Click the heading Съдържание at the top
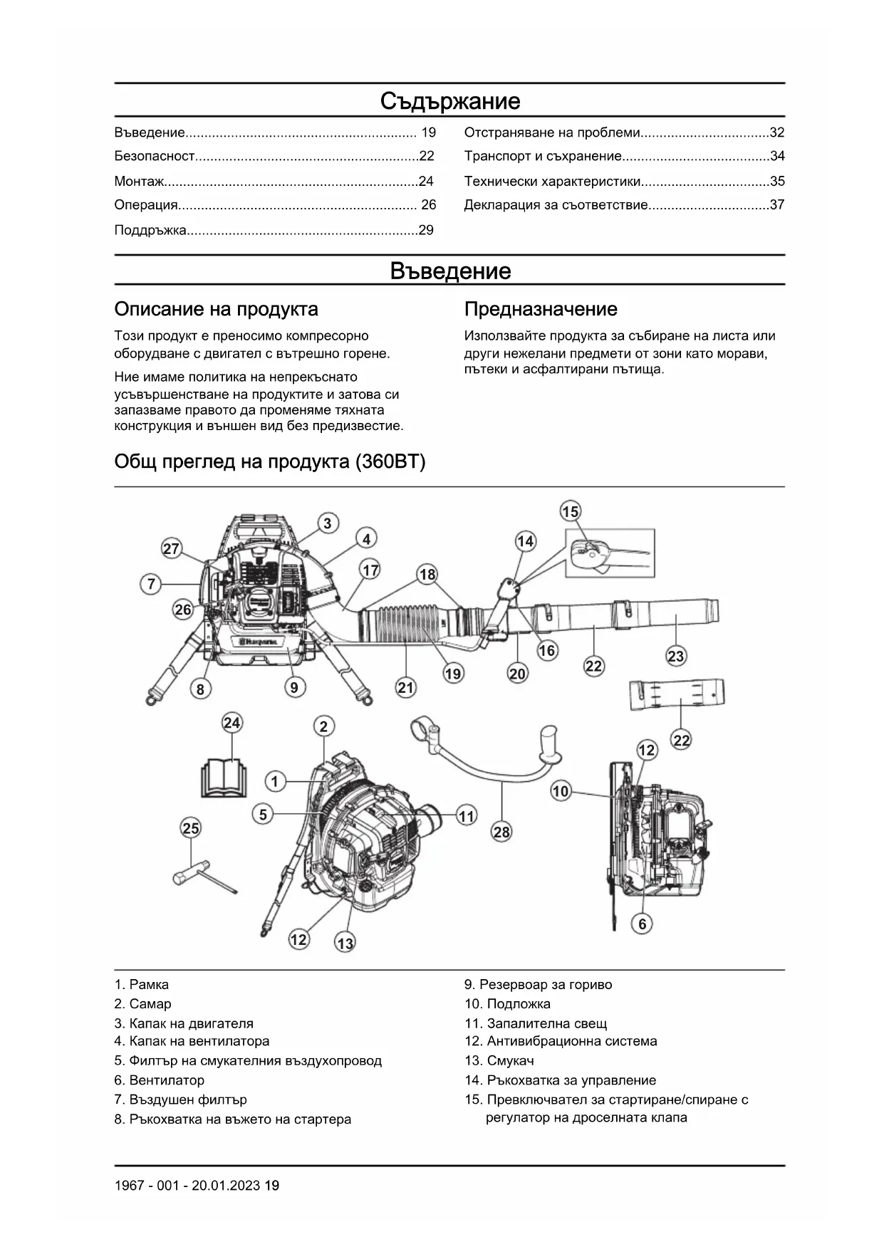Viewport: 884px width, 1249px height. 449,101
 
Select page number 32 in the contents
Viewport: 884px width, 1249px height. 776,132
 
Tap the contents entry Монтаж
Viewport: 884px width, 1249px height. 140,181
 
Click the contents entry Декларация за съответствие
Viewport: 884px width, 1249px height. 556,205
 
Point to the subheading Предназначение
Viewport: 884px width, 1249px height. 541,309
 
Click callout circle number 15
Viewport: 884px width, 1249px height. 571,511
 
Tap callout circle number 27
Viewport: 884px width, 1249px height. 171,549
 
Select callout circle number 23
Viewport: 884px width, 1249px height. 676,656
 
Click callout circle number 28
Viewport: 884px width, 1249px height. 501,832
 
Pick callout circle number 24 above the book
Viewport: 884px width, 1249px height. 232,723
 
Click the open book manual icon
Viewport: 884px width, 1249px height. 224,778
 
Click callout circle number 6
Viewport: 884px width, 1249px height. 643,924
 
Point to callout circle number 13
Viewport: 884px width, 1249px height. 345,944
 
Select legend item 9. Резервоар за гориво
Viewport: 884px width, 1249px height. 538,985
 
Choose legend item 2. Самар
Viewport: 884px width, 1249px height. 142,1004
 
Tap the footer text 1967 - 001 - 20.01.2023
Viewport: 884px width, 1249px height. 188,1186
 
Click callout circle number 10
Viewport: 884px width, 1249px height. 561,791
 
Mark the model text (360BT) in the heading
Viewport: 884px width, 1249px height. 390,462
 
